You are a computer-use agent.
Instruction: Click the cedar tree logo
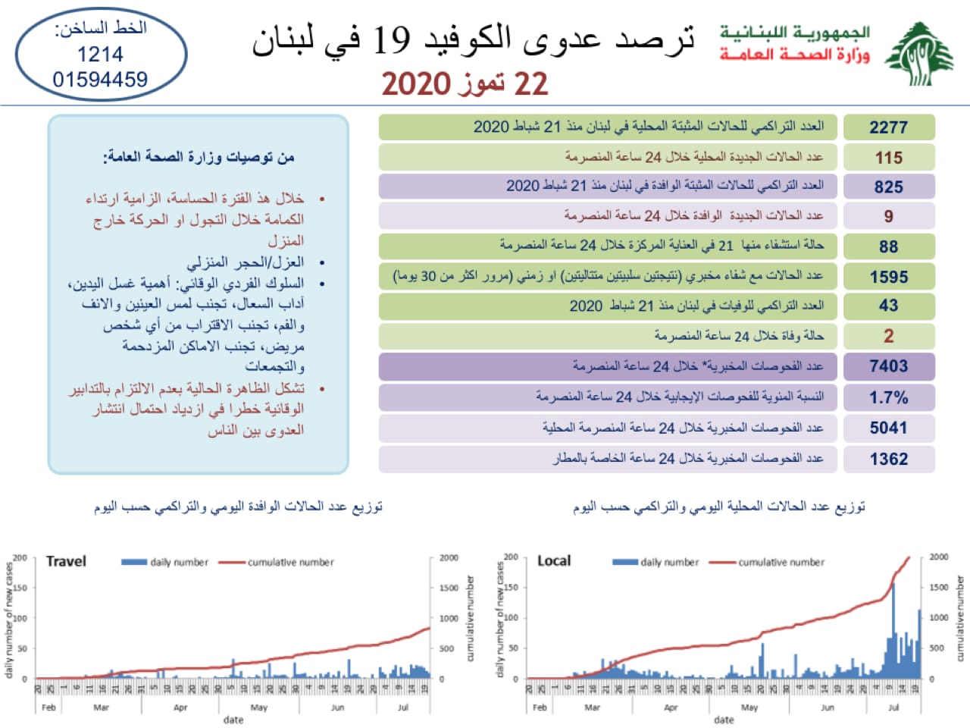click(x=918, y=54)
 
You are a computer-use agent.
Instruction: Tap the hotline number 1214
click(x=100, y=55)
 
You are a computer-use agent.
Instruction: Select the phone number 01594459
click(x=100, y=79)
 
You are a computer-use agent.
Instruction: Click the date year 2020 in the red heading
click(x=416, y=83)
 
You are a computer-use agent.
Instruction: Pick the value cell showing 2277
click(x=888, y=127)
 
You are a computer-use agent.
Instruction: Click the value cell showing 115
click(x=888, y=158)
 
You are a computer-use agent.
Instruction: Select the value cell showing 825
click(x=888, y=187)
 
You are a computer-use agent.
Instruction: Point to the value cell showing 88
click(x=888, y=246)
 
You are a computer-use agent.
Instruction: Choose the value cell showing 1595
click(x=888, y=277)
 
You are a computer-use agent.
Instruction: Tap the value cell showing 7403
click(x=888, y=366)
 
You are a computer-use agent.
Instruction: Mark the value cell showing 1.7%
click(x=888, y=397)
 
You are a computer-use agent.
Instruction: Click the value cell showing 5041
click(x=888, y=428)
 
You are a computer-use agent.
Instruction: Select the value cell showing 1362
click(x=888, y=459)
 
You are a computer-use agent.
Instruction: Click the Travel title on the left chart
click(x=66, y=561)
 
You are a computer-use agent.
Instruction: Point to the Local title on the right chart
click(x=554, y=561)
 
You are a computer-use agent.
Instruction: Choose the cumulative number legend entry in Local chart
click(x=781, y=562)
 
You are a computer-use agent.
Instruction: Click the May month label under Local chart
click(x=749, y=708)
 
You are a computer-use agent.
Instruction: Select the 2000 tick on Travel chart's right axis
click(x=449, y=557)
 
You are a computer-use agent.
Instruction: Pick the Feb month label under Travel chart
click(x=48, y=708)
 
